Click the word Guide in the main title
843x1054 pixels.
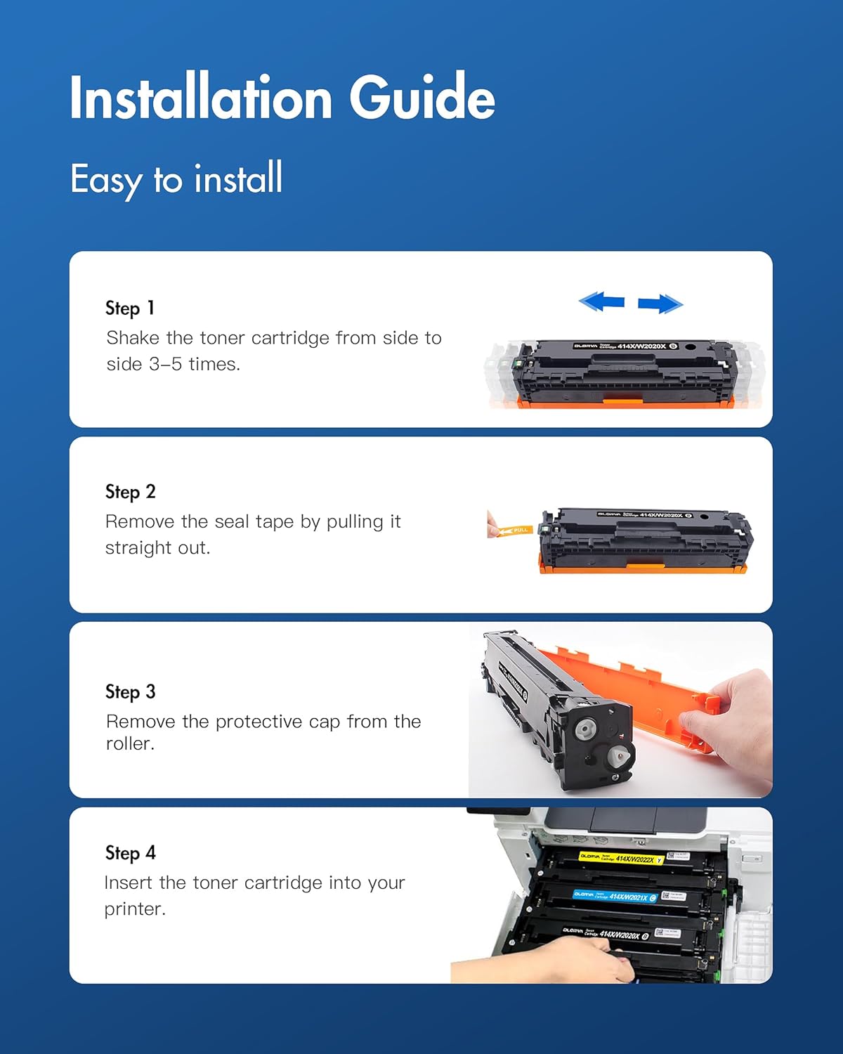click(422, 98)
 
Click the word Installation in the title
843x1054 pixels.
click(201, 98)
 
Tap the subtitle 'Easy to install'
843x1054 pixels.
click(176, 179)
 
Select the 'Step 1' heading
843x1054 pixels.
click(130, 308)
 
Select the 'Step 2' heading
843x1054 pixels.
click(130, 492)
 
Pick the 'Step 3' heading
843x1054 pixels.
click(130, 692)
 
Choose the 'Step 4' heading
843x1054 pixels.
click(130, 853)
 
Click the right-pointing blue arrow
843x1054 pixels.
click(660, 304)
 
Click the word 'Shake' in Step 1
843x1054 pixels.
click(133, 338)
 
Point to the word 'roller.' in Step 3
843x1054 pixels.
click(130, 744)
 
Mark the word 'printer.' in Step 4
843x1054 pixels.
click(135, 909)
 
